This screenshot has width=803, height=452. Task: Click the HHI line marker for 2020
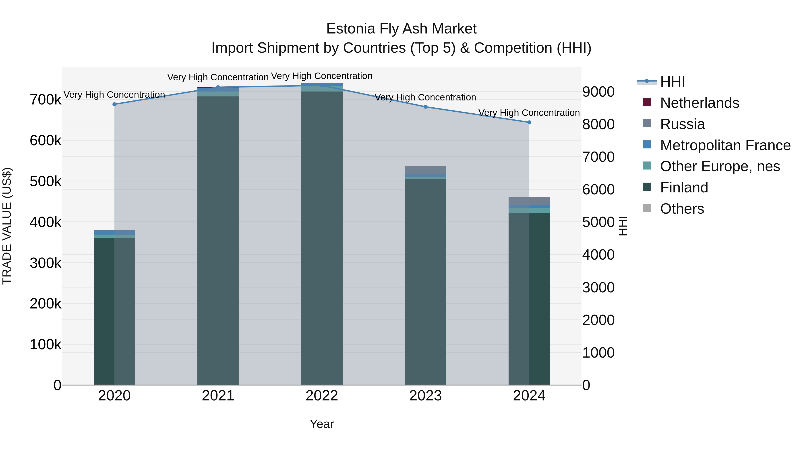114,104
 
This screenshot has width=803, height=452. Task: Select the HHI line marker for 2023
426,107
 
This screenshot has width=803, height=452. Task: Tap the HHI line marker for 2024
529,122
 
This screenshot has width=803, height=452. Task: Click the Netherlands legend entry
699,103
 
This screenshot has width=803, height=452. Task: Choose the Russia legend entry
682,124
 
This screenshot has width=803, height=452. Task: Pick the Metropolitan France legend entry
725,145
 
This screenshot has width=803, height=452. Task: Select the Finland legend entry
684,187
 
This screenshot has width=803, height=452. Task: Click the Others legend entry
682,209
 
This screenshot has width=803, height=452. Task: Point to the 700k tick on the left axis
46,100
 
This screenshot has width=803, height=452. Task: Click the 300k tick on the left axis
46,263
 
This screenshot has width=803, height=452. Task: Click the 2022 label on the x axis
322,396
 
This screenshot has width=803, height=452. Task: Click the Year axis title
322,424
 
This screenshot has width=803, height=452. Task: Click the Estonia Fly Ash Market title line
401,29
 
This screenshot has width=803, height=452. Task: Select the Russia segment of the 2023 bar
426,170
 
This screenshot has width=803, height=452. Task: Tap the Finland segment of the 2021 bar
218,240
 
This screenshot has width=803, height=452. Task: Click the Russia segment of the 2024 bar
529,201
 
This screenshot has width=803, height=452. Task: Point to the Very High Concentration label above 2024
529,113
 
